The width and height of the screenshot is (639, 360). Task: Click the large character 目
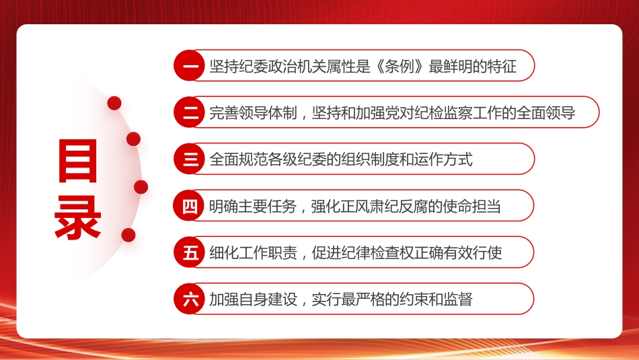79,161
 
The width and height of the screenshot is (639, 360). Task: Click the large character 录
79,217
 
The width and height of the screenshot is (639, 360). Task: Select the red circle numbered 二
190,112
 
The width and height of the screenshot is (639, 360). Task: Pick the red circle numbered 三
190,159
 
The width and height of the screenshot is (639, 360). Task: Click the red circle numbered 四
190,206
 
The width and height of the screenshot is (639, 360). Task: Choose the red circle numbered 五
190,252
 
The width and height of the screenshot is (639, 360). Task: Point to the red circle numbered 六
190,299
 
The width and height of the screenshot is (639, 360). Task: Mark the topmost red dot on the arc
114,103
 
